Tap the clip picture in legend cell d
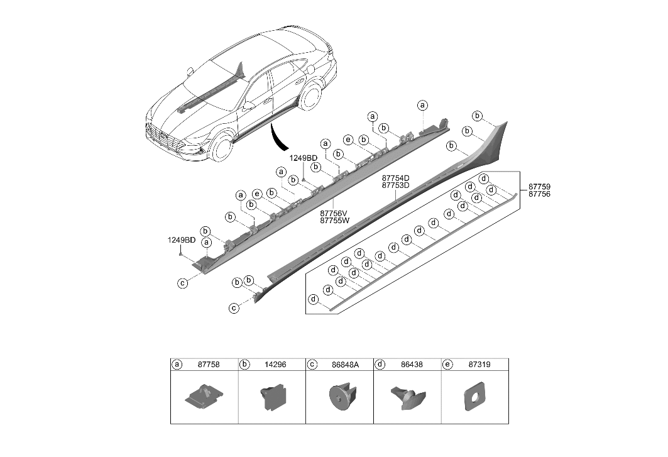[x=405, y=397]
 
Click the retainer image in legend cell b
[x=272, y=398]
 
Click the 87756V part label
[x=334, y=213]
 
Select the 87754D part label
[x=396, y=178]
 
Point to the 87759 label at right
[x=539, y=187]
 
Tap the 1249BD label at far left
[x=181, y=240]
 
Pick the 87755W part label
[x=334, y=221]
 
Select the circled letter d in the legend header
[x=380, y=364]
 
